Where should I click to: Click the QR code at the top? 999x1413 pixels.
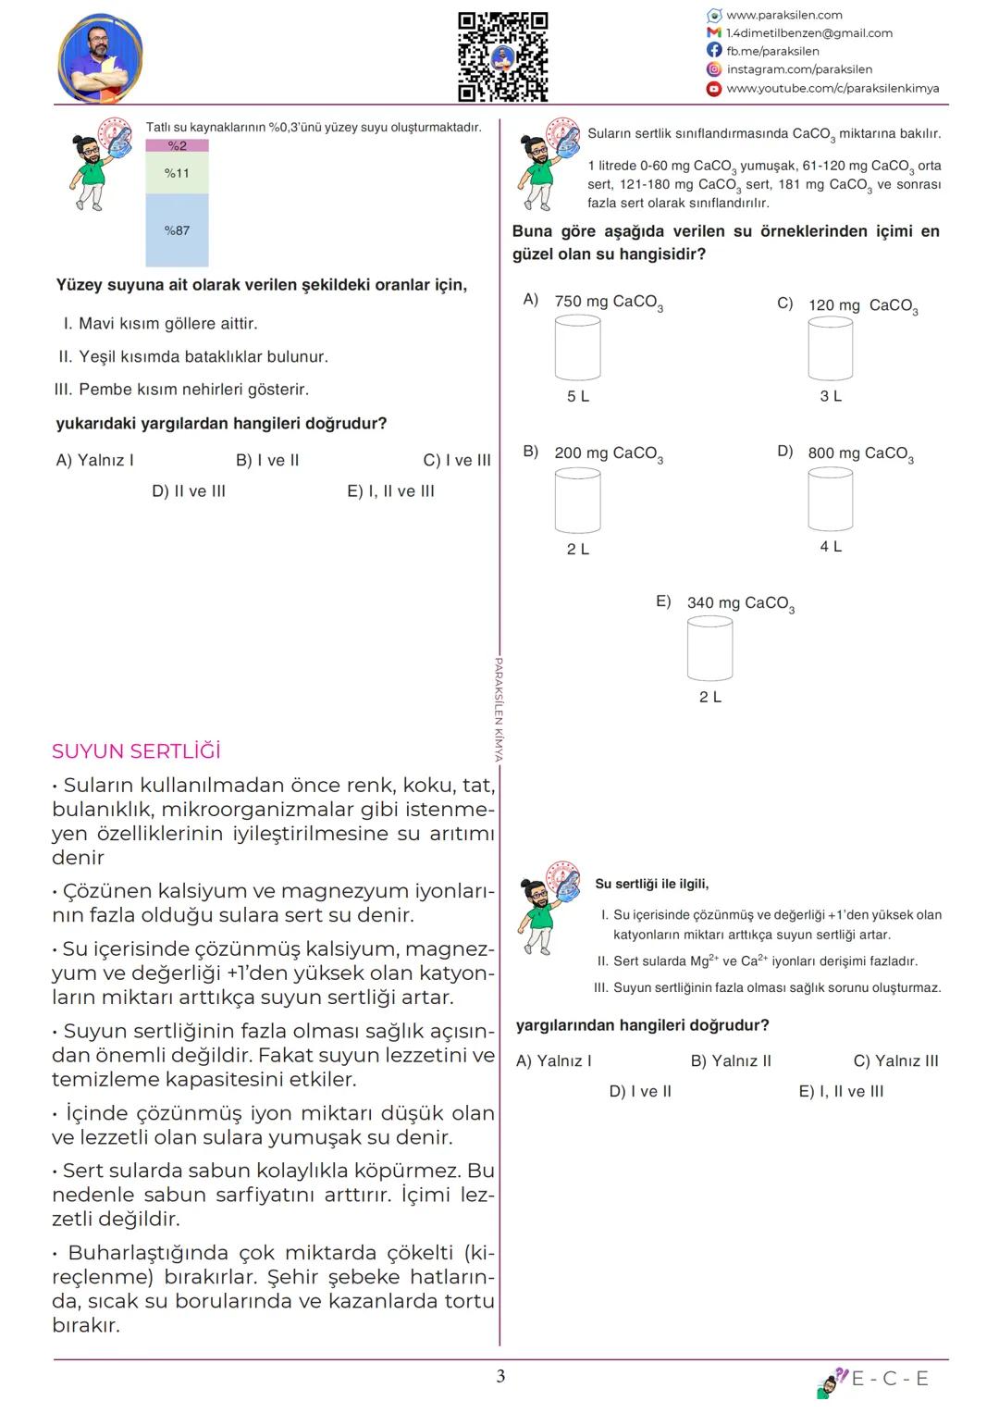pos(503,56)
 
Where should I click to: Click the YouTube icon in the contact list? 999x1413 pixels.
pos(713,89)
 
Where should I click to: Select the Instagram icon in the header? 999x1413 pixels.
pos(713,69)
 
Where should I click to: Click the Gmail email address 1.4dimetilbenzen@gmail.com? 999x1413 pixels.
pos(808,33)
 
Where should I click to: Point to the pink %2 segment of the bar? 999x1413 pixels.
pos(177,146)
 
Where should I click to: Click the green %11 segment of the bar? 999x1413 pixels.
pos(177,173)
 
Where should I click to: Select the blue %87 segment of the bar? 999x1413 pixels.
pos(177,230)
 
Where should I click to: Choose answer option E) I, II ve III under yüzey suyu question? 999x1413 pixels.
pos(390,491)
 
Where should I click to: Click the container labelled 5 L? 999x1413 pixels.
pos(577,348)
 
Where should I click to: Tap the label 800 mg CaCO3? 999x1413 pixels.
pos(859,453)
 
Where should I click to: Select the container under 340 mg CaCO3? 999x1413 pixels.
pos(709,649)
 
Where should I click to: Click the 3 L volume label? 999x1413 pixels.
pos(831,396)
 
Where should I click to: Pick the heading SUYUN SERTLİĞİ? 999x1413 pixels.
pos(136,751)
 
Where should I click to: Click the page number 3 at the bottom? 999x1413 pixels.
pos(500,1376)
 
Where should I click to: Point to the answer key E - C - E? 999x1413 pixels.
pos(889,1379)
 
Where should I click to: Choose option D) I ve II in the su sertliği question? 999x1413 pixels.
pos(640,1092)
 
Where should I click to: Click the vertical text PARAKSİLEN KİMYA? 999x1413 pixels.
pos(499,710)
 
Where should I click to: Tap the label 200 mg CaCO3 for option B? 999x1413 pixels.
pos(608,453)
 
